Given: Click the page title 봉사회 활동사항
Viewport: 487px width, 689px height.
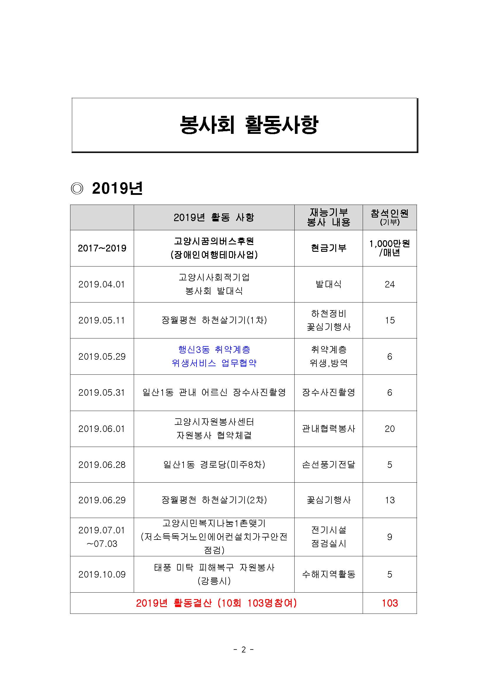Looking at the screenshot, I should point(249,124).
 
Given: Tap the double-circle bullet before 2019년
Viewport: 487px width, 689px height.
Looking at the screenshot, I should point(77,188).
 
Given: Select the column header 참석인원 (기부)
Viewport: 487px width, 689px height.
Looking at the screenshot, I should point(389,217).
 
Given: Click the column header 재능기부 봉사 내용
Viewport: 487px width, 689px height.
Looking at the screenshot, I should point(328,217).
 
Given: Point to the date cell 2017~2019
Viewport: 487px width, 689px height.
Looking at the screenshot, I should point(102,248).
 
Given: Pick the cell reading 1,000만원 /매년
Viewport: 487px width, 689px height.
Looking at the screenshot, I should point(389,248).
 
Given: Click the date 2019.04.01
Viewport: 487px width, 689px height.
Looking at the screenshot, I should point(102,284).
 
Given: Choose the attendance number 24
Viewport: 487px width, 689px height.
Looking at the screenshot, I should point(389,284).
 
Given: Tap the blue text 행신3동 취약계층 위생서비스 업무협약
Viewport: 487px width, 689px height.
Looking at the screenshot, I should point(214,356).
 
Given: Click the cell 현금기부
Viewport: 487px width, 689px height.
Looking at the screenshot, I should point(328,248).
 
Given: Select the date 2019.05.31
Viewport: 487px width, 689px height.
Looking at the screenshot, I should point(102,392).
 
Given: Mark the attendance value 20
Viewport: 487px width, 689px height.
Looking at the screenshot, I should point(389,429).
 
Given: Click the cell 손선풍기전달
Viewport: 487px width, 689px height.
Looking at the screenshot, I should point(328,465).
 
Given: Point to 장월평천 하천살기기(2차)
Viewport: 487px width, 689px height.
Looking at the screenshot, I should point(214,500).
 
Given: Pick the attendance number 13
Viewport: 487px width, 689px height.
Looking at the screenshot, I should point(389,500).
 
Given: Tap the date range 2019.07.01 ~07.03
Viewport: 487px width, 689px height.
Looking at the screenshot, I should point(102,537).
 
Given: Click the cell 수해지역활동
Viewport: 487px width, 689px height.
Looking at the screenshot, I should point(328,574).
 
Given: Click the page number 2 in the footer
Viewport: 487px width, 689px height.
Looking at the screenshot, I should point(243,650).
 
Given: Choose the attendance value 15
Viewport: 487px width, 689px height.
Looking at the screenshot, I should point(389,320).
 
